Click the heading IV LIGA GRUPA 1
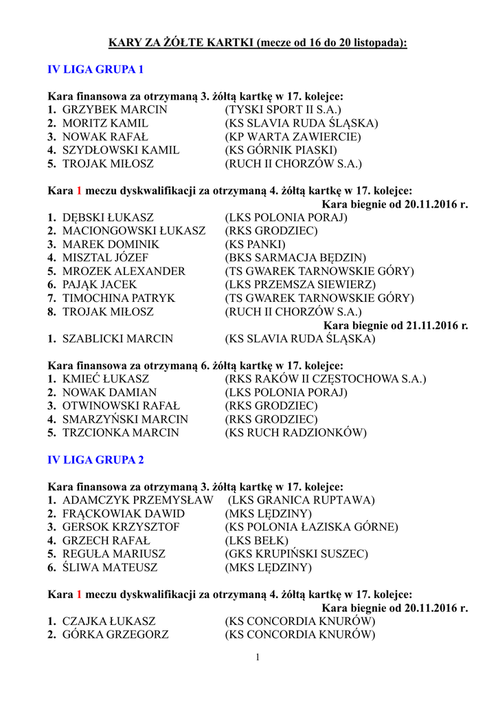[x=95, y=69]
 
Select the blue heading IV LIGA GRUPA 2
[x=95, y=459]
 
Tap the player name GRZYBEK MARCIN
[x=115, y=110]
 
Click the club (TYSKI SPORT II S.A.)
[x=283, y=110]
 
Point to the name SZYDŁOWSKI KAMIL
[x=121, y=151]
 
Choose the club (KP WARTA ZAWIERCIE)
[x=293, y=137]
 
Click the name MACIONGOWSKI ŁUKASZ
[x=134, y=231]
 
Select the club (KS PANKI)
[x=255, y=245]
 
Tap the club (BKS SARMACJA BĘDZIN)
[x=295, y=258]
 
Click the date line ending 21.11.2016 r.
[x=396, y=325]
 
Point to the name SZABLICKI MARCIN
[x=117, y=339]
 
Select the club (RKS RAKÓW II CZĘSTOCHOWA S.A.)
[x=325, y=379]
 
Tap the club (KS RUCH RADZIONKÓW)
[x=295, y=432]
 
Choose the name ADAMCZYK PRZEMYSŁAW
[x=137, y=500]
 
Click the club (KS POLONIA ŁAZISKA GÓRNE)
[x=311, y=527]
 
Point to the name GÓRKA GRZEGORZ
[x=115, y=635]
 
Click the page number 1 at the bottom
[x=258, y=658]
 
